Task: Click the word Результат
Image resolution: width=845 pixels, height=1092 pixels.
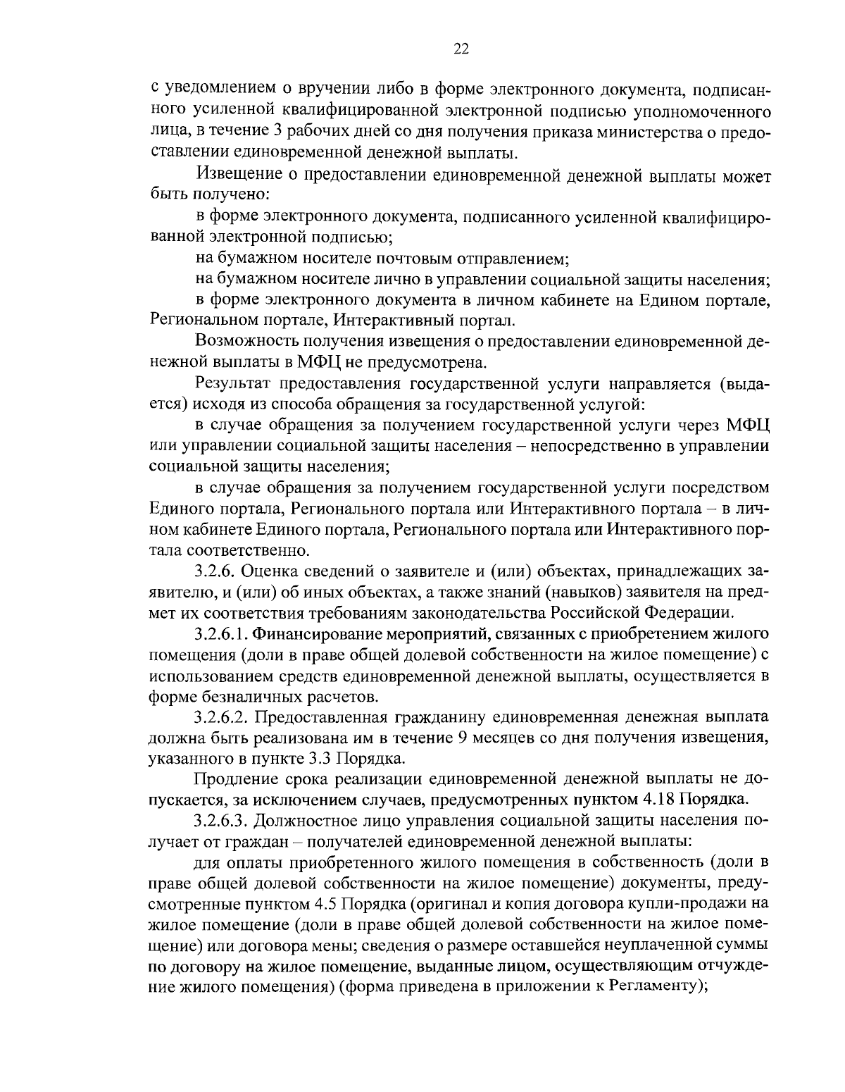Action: coord(234,384)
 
